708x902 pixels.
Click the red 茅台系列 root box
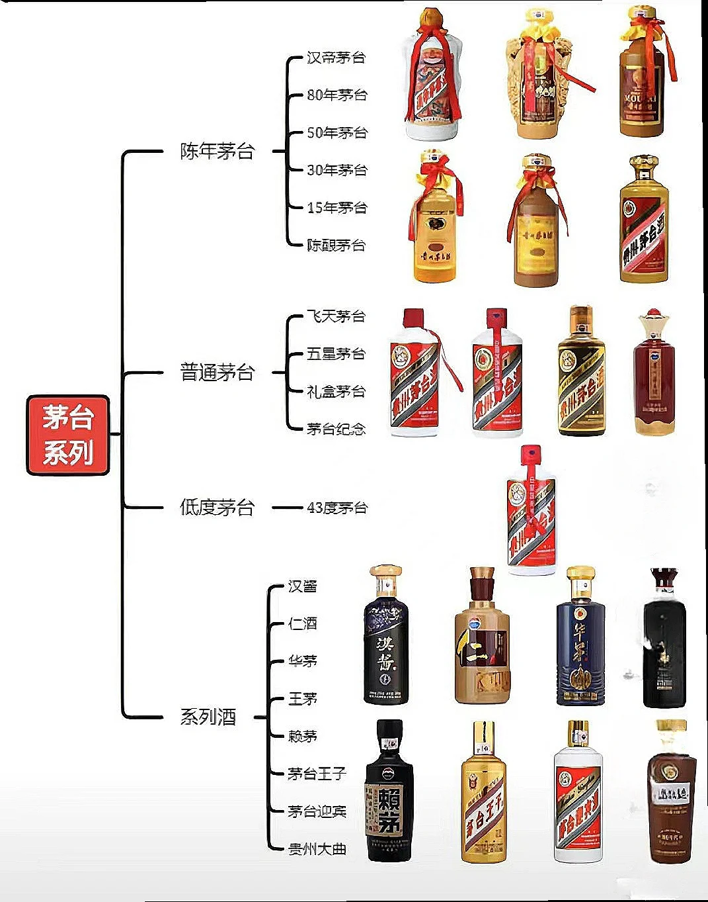[x=67, y=435]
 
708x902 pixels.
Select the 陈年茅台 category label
[x=217, y=152]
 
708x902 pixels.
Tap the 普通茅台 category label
[x=217, y=373]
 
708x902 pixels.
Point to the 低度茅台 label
[x=217, y=508]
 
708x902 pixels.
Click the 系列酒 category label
[x=208, y=717]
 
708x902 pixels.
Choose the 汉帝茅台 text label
[x=336, y=58]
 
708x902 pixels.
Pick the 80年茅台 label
[x=336, y=95]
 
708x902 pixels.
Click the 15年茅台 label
[x=336, y=208]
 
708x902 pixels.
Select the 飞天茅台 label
[x=336, y=316]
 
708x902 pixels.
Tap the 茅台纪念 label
[x=336, y=429]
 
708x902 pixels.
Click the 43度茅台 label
[x=336, y=508]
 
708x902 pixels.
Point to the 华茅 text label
[x=302, y=661]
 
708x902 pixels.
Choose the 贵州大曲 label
[x=317, y=848]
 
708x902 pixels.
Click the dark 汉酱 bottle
[x=386, y=639]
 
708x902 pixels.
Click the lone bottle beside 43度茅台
[x=531, y=513]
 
